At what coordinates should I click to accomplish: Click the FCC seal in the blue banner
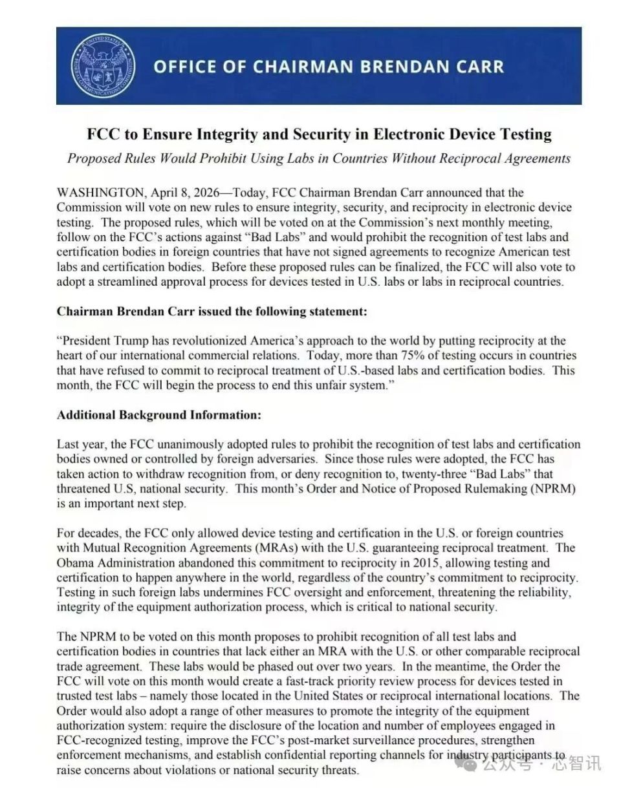[x=103, y=66]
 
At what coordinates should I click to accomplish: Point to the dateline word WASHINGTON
[x=100, y=193]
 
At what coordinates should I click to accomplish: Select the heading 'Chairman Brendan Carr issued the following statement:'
[x=212, y=311]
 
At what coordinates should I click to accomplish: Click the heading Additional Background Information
[x=158, y=414]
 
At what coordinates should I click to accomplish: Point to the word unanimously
[x=192, y=444]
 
